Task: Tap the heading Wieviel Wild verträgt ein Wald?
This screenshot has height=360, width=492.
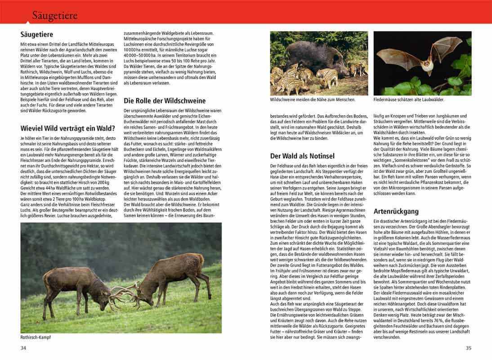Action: [68, 128]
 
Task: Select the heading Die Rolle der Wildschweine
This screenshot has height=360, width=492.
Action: [165, 101]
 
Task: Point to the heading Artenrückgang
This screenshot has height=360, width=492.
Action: [396, 211]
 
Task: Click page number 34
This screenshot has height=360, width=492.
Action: [24, 348]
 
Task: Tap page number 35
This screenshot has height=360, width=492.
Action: [468, 348]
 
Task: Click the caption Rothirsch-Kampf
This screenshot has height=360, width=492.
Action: [36, 337]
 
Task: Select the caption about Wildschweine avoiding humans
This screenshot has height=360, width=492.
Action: [313, 99]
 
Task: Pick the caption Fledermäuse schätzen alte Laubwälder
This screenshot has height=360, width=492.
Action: [415, 99]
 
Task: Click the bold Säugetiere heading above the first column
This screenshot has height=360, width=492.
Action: [37, 34]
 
